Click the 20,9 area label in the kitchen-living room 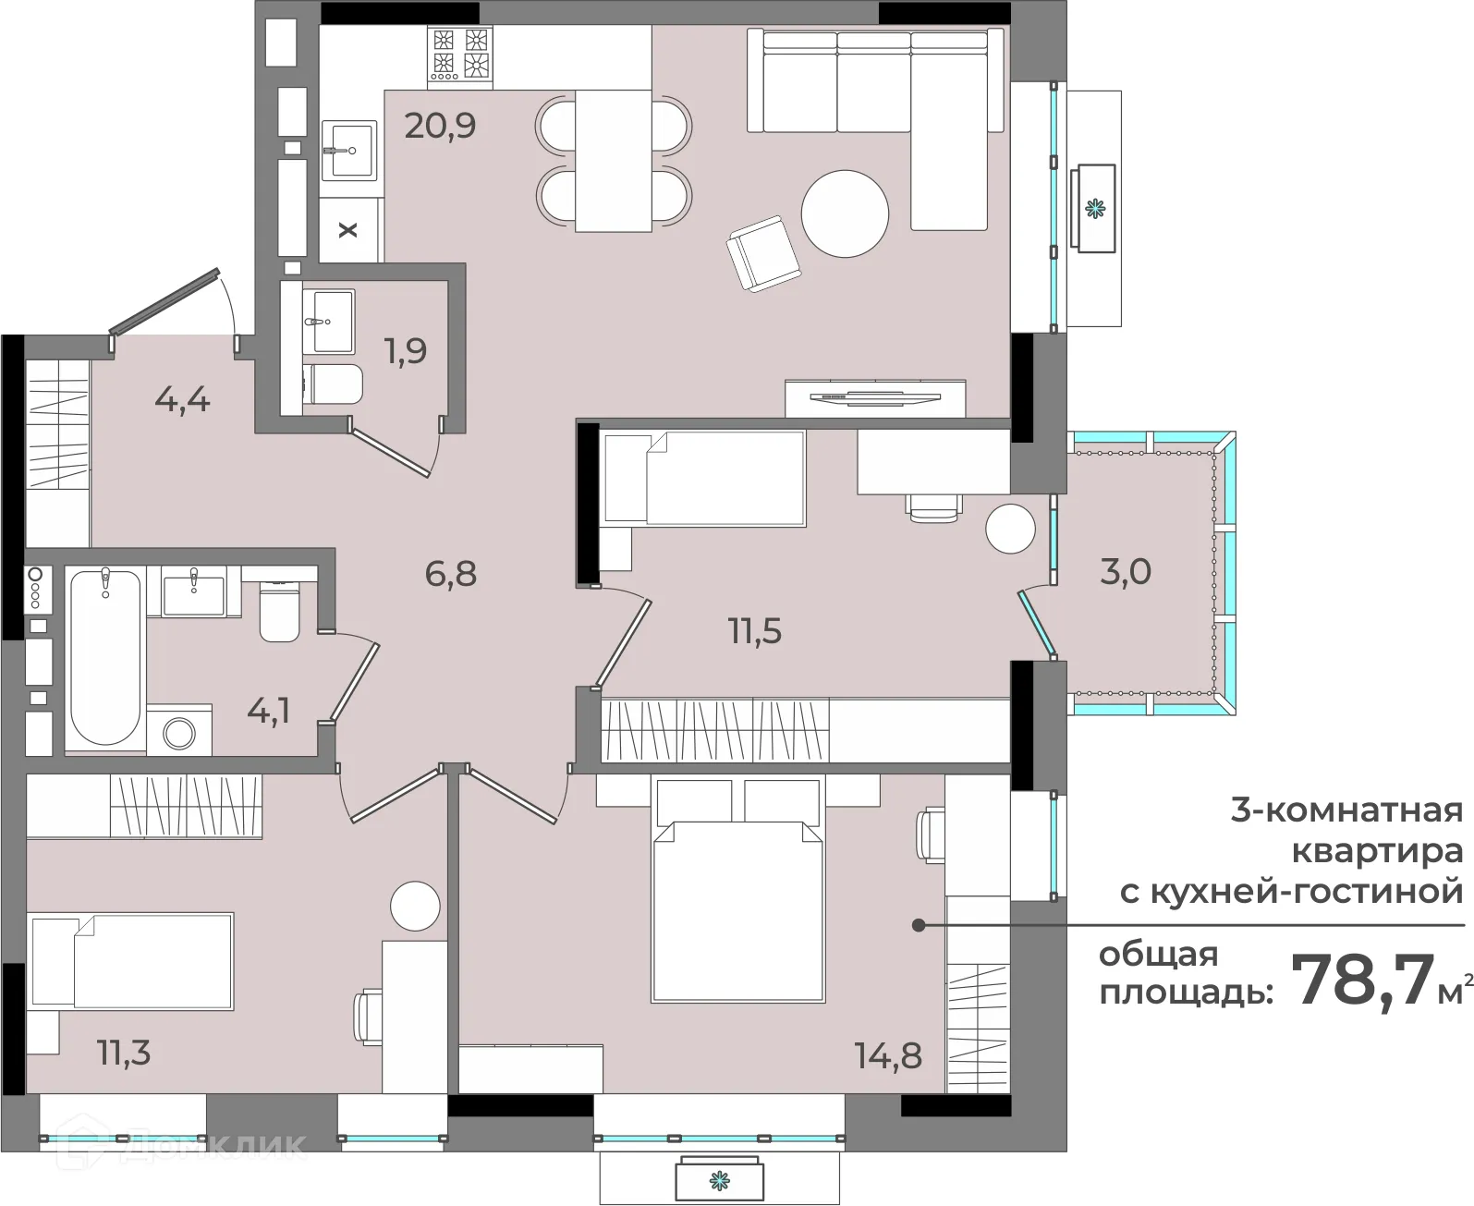point(440,126)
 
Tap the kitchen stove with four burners point(460,57)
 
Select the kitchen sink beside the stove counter point(348,151)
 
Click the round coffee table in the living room point(845,213)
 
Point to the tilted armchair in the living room point(762,253)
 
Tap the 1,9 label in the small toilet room point(406,350)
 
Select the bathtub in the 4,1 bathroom point(105,657)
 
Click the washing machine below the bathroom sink point(179,732)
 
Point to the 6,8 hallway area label point(451,574)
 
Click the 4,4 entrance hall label point(182,400)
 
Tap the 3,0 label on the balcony point(1126,572)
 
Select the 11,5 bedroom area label point(755,631)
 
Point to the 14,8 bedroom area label point(888,1055)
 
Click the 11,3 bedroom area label point(125,1053)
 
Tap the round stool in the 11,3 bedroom point(415,906)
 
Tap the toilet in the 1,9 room point(333,384)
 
